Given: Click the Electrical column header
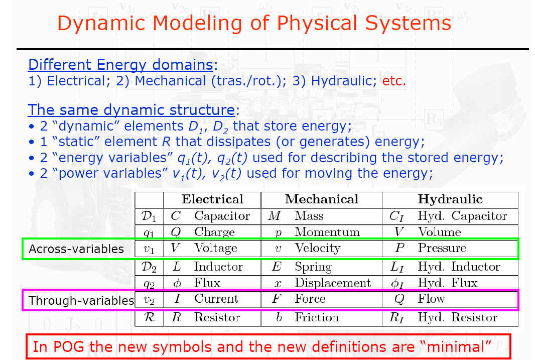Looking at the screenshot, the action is pos(212,199).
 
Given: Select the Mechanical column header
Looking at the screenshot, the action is pos(321,199).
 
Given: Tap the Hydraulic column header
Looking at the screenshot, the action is pos(450,199).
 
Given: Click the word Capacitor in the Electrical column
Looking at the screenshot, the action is pos(222,216).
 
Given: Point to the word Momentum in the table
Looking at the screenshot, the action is pos(327,232).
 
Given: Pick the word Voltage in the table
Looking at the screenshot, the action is pos(215,248).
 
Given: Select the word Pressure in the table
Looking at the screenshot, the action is pos(442,248).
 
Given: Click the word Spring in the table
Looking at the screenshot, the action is pos(313,267).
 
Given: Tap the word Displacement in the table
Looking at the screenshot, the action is pos(333,283).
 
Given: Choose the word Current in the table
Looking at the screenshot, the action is pos(216,299).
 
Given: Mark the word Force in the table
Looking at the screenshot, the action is pos(310,299).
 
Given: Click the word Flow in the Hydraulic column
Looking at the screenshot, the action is pos(431,299).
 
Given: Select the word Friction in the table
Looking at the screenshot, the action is pos(317,317).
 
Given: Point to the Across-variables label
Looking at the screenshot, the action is pos(76,249).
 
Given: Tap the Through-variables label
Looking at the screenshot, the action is pos(81,301).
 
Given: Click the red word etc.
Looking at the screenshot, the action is pos(394,81).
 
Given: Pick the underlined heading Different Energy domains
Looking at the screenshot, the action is pos(120,64).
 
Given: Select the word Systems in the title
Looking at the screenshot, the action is pos(408,24).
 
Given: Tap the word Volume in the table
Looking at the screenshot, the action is pos(439,232).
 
